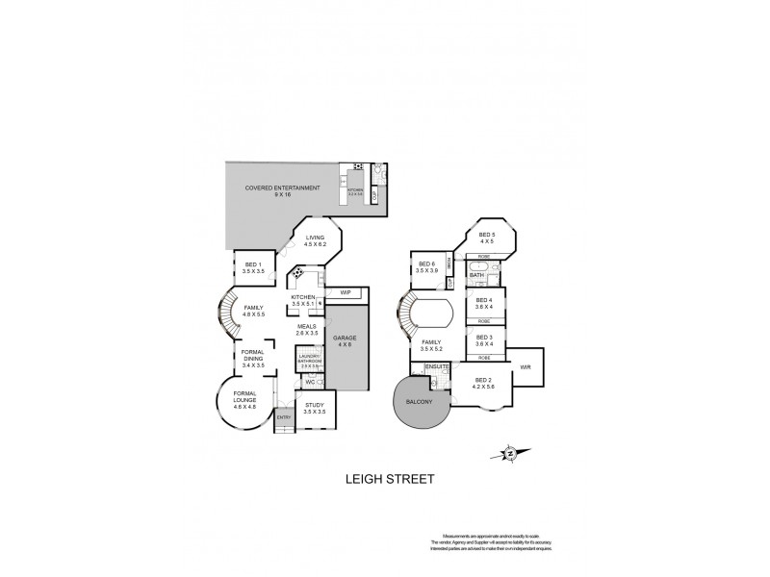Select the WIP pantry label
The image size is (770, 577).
click(344, 291)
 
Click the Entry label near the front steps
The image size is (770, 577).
click(284, 416)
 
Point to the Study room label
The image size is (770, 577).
click(315, 408)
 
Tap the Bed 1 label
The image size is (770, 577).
click(253, 268)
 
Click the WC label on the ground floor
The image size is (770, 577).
click(310, 382)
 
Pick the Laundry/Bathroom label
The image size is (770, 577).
click(309, 362)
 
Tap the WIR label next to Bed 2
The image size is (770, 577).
click(525, 366)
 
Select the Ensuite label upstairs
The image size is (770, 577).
click(438, 366)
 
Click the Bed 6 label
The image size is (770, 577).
click(426, 268)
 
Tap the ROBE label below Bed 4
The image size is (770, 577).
click(485, 320)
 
